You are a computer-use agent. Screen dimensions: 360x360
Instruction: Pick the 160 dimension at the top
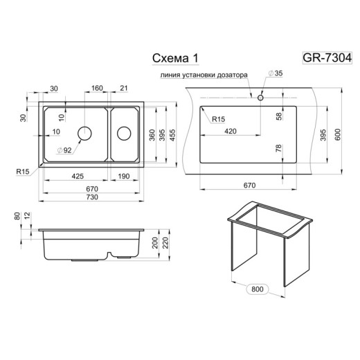(97, 88)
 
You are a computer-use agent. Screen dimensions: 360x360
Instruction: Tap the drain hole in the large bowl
(84, 132)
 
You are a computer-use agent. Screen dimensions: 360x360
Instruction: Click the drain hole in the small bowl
(125, 132)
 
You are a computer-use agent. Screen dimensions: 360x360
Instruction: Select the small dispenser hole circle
(260, 97)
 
